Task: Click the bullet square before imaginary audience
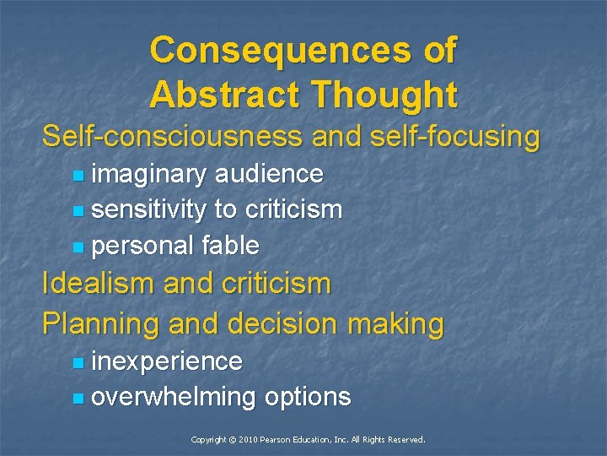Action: point(78,176)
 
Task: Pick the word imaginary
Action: point(148,174)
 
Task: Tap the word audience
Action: point(269,174)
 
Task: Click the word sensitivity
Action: point(148,209)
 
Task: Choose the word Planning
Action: point(101,323)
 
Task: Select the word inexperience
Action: point(167,361)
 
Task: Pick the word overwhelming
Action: point(174,397)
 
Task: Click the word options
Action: point(308,397)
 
